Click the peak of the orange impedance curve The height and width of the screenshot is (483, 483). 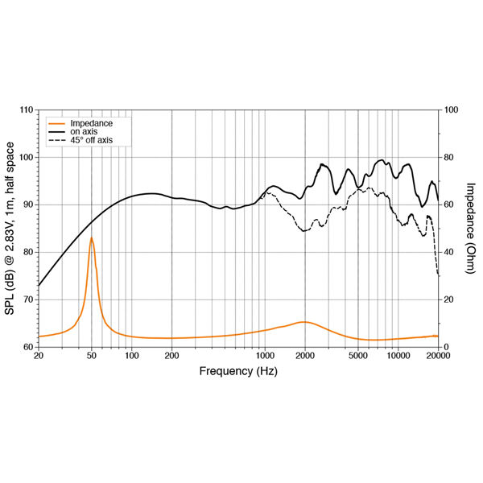tap(91, 238)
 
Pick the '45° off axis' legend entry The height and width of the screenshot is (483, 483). tap(92, 140)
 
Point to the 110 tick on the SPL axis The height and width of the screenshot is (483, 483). tap(26, 109)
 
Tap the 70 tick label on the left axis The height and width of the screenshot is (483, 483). tap(28, 299)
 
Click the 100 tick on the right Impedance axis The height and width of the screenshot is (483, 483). tap(451, 109)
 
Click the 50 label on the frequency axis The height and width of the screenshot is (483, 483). tap(91, 355)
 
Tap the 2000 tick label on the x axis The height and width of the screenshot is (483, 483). tap(304, 355)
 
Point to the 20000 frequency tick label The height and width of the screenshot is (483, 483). tap(438, 355)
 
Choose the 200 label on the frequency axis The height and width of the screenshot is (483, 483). tap(171, 355)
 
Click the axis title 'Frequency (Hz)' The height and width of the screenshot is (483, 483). tap(238, 371)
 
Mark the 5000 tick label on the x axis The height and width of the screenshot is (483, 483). tap(357, 355)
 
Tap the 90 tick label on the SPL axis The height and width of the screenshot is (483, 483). tap(28, 204)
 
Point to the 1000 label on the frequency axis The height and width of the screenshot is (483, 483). tap(264, 355)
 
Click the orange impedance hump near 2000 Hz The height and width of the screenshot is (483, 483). tap(303, 322)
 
